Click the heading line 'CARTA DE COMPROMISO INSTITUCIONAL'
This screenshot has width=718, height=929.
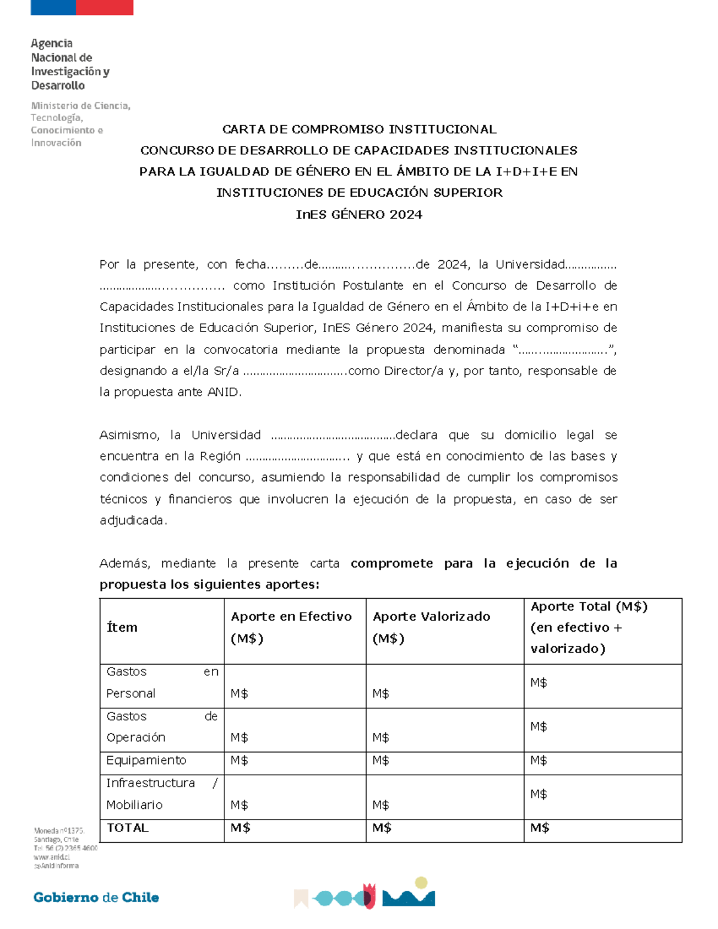pos(359,129)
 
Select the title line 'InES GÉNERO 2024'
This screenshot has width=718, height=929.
pos(359,215)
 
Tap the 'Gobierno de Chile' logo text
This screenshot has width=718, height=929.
pos(96,897)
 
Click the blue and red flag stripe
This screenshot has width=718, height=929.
pos(82,7)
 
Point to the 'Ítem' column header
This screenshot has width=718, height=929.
pos(122,628)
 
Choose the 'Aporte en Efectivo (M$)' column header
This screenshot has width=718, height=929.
pos(291,628)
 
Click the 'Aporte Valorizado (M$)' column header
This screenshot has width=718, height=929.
pos(431,628)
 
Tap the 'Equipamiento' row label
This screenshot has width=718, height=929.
pos(146,760)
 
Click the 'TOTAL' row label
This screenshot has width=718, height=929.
pos(127,828)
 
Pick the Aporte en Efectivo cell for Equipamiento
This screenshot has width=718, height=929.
pos(294,761)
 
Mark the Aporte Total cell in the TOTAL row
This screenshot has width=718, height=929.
pos(603,829)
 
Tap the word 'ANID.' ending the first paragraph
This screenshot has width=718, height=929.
pos(224,392)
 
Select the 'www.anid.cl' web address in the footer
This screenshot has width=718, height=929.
pos(52,857)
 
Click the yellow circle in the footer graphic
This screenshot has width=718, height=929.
pos(421,882)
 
